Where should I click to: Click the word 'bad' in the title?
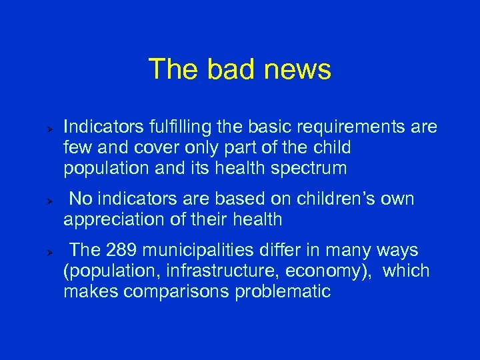coord(225,69)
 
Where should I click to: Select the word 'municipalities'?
coord(193,251)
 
